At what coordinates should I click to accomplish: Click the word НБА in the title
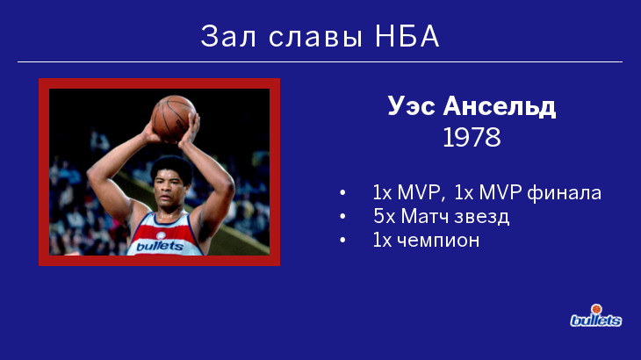[x=407, y=36]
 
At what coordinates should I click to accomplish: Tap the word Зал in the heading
[x=228, y=36]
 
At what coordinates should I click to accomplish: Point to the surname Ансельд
[x=500, y=106]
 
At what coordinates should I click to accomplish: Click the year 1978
[x=472, y=137]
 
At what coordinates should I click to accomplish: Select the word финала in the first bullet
[x=564, y=192]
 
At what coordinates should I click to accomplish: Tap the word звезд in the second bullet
[x=482, y=217]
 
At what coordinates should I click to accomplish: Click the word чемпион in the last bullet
[x=438, y=241]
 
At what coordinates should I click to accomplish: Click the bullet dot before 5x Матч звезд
[x=342, y=216]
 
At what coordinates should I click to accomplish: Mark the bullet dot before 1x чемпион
[x=342, y=240]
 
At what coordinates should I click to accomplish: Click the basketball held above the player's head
[x=173, y=119]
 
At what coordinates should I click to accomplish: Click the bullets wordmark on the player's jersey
[x=160, y=246]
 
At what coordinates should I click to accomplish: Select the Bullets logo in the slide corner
[x=596, y=316]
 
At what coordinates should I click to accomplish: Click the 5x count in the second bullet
[x=385, y=216]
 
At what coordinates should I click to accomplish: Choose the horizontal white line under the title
[x=320, y=62]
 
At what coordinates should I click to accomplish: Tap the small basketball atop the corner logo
[x=596, y=309]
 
